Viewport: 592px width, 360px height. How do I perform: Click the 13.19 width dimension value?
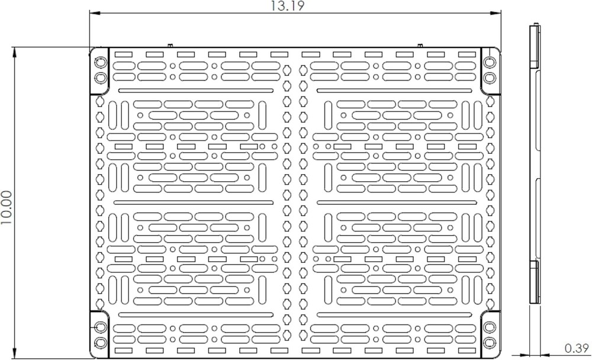point(288,6)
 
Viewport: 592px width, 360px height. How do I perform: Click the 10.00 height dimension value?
point(7,207)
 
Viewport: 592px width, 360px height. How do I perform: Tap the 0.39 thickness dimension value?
point(577,348)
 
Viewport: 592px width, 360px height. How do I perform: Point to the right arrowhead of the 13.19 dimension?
point(496,13)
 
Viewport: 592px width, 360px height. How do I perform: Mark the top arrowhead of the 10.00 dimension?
point(15,53)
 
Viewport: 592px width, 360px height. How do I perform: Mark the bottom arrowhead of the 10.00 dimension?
point(15,353)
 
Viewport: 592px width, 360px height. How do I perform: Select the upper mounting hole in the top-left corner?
point(101,62)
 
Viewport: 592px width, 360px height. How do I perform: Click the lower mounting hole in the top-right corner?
point(490,78)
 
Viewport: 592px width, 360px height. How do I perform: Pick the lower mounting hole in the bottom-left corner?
point(101,343)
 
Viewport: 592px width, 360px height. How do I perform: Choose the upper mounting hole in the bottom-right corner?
point(490,327)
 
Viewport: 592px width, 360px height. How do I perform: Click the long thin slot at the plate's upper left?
point(196,91)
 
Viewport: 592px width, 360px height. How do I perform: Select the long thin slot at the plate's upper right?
point(394,91)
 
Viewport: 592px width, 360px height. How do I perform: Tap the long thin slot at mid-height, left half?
point(194,203)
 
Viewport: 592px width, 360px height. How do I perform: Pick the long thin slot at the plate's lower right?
point(394,314)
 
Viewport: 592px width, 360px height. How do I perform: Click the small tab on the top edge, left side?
point(170,46)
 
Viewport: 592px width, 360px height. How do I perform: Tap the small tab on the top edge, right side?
point(420,46)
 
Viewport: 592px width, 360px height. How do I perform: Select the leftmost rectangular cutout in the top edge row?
point(123,54)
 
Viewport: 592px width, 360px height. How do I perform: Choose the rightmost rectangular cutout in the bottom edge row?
point(467,351)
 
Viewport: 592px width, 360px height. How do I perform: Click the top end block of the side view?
point(535,46)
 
